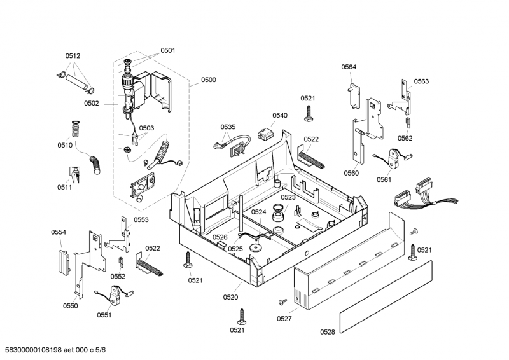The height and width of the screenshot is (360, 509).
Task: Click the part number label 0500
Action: pos(209,80)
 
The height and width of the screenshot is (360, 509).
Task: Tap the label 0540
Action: pos(280,116)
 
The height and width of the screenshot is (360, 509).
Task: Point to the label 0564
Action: pos(349,67)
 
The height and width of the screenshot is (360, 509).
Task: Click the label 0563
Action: pos(421,81)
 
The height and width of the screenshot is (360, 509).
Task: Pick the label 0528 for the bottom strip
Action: pos(327,332)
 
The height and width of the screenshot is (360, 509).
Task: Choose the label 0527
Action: pos(285,319)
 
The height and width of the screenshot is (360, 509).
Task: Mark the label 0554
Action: pos(59,233)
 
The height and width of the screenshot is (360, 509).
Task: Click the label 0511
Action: pos(64,187)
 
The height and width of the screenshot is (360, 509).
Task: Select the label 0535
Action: pos(228,127)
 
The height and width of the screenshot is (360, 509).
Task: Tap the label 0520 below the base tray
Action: pos(231,297)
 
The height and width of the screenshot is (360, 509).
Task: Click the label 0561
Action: pos(384,180)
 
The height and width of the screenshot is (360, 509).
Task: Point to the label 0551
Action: pos(104,315)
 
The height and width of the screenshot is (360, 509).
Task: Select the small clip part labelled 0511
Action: pos(74,172)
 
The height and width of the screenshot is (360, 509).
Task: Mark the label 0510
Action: pos(64,146)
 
